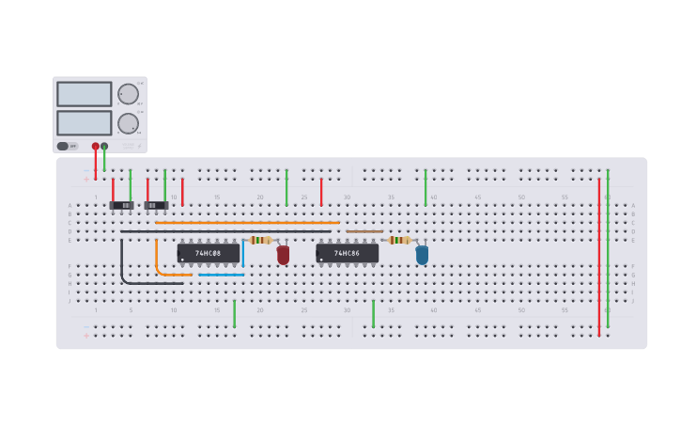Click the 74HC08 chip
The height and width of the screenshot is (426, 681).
coord(208,253)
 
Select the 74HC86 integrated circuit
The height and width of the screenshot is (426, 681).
coord(348,253)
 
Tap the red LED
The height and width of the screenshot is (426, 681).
coord(283,254)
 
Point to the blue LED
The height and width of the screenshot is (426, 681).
coord(422,254)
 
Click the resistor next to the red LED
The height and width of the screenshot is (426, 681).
coord(261,240)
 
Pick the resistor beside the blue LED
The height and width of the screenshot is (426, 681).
coord(400,240)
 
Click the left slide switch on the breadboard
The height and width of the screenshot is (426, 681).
coord(122,205)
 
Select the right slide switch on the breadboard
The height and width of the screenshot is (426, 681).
coord(156,205)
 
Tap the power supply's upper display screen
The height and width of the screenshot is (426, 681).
coord(85,94)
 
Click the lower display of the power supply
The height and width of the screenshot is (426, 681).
coord(85,123)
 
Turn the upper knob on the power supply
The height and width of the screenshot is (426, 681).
coord(128,94)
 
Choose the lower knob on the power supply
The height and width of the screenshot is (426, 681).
coord(128,123)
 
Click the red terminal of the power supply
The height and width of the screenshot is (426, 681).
coord(95,146)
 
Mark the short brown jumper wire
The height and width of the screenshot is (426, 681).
coord(364,231)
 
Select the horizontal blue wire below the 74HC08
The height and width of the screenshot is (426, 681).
coord(221,275)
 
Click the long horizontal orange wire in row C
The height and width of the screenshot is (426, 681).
coord(247,223)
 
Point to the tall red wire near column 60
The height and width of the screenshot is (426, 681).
coord(598,254)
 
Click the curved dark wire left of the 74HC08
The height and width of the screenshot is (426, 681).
coord(123,268)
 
